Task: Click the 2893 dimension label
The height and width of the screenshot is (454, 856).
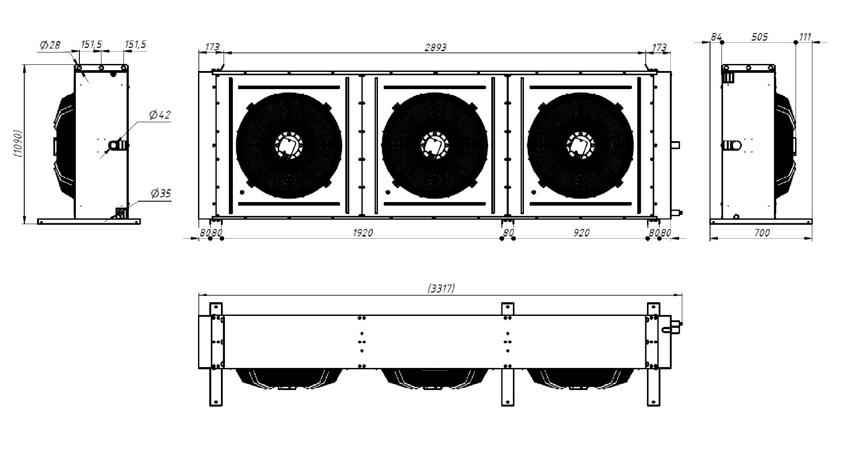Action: click(x=435, y=47)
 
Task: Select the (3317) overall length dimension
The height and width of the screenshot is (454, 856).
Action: click(x=441, y=288)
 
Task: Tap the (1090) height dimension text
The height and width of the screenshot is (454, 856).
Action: click(x=18, y=144)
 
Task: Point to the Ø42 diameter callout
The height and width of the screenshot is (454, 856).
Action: click(x=160, y=115)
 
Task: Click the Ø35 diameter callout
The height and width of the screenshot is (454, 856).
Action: click(x=161, y=193)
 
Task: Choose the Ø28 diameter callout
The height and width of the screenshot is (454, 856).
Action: click(x=50, y=45)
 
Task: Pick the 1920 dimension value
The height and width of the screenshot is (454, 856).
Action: click(x=363, y=233)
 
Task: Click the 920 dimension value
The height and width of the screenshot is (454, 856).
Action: click(x=581, y=233)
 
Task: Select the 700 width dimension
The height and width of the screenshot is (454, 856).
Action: click(x=762, y=233)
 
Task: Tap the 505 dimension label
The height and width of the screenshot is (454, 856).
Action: click(x=759, y=37)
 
